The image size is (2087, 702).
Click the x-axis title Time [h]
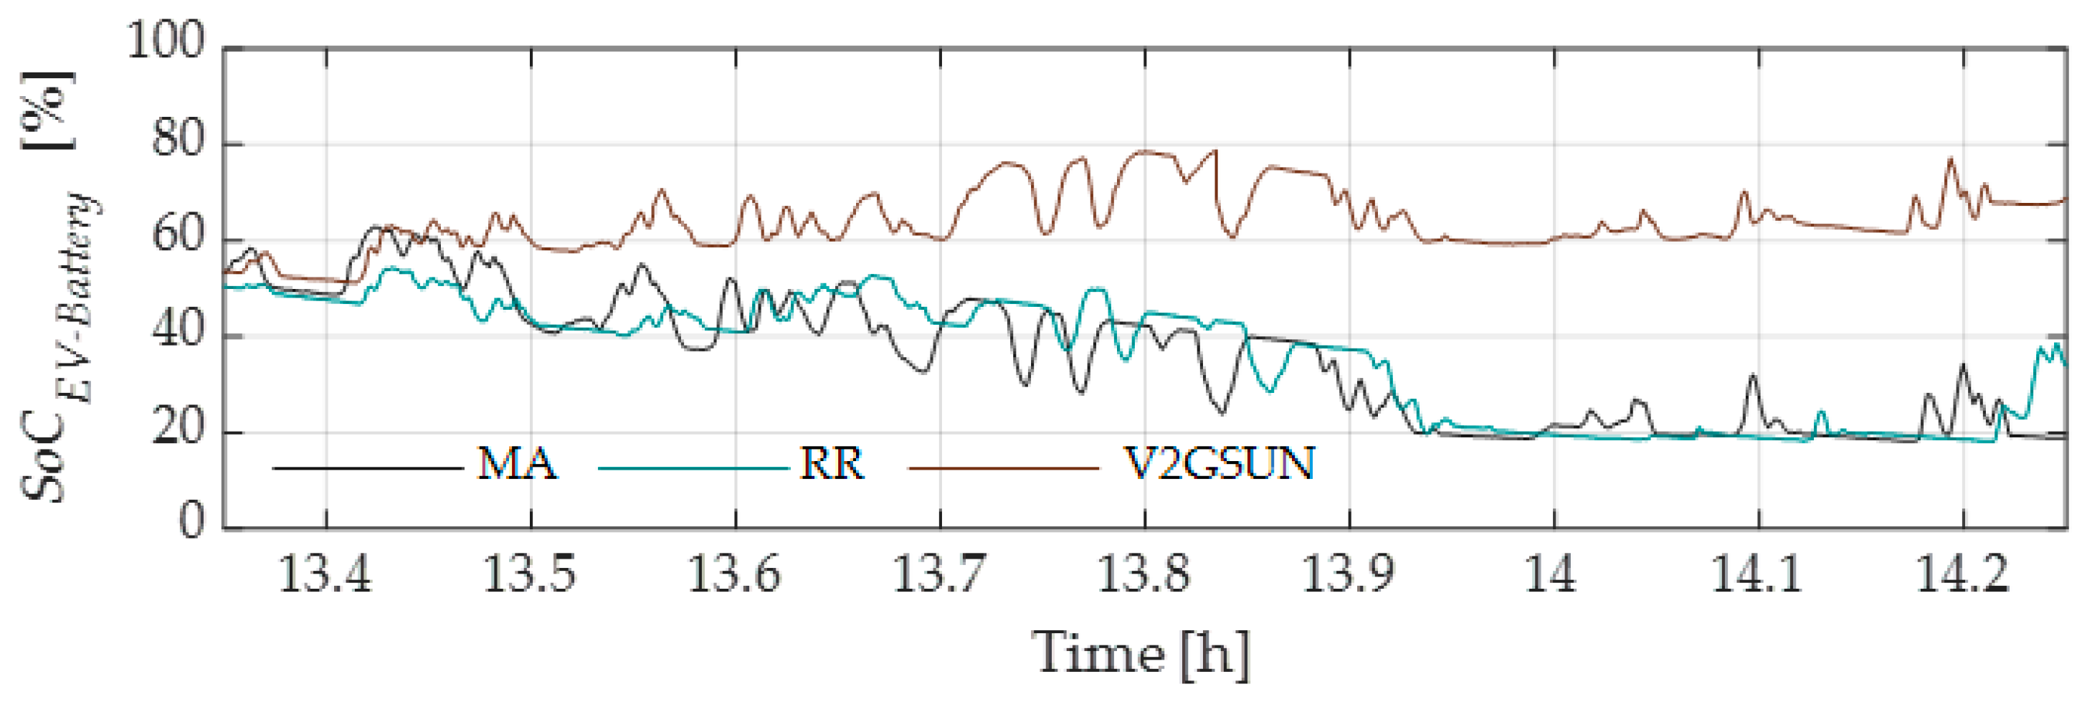click(1141, 653)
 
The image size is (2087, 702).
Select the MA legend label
click(518, 465)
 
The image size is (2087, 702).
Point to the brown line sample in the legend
click(1004, 468)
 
